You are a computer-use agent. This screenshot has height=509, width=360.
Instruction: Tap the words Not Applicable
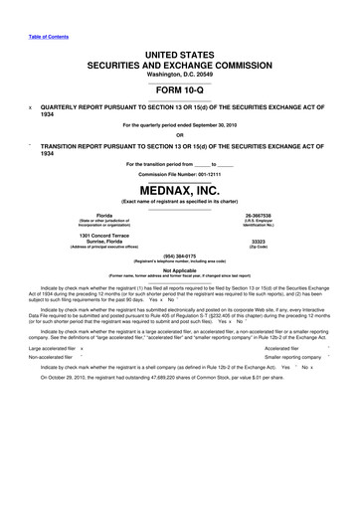click(180, 268)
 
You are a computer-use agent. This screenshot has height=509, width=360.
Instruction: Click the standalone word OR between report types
click(180, 137)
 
